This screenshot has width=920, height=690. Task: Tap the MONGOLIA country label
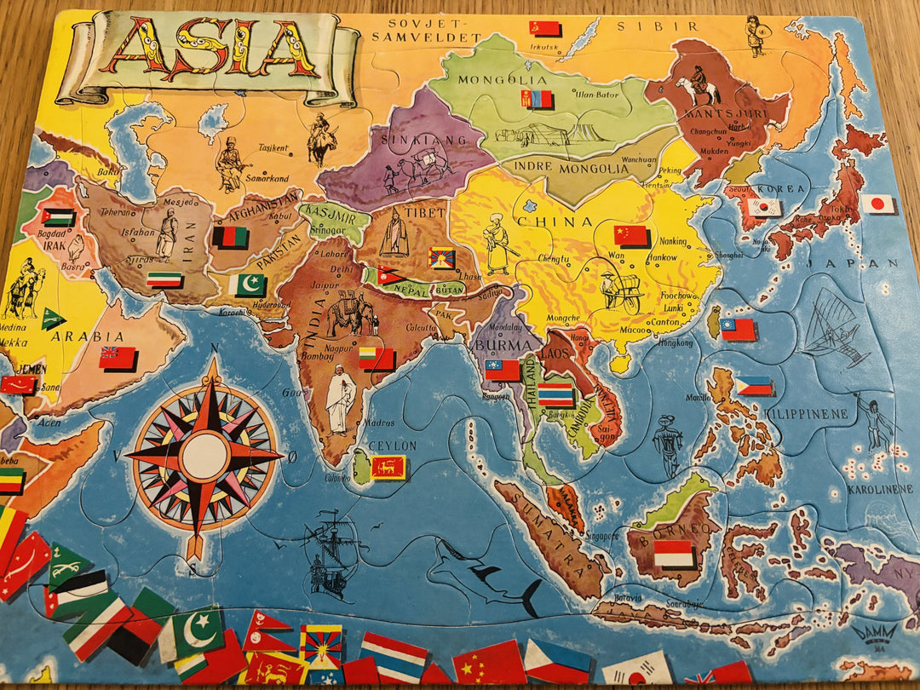(x=491, y=81)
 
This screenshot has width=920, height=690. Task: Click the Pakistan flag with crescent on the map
(x=250, y=284)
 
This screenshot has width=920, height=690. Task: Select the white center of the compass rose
(x=204, y=456)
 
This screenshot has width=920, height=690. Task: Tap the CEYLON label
(x=393, y=446)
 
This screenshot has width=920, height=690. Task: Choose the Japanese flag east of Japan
(x=877, y=204)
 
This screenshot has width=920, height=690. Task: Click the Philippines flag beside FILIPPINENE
(x=754, y=386)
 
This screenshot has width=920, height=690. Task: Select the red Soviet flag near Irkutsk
(x=544, y=28)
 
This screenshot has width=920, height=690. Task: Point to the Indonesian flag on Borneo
(x=674, y=554)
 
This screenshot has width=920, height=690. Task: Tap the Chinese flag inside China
(x=631, y=234)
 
